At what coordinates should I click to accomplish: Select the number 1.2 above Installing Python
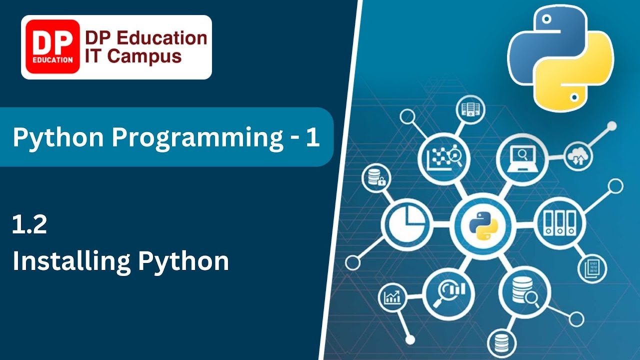pyautogui.click(x=30, y=225)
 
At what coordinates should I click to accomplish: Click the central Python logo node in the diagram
pyautogui.click(x=480, y=224)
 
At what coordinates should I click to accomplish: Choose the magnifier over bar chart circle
pyautogui.click(x=448, y=291)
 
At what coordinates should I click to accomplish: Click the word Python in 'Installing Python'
pyautogui.click(x=183, y=261)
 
